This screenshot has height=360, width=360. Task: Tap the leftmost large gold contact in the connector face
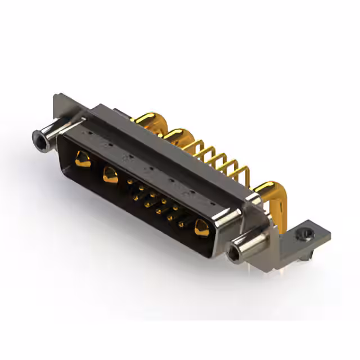click(83, 159)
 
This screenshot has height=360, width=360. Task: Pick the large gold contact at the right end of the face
click(200, 227)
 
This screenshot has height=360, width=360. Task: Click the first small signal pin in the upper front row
click(130, 182)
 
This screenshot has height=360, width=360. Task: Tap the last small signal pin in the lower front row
click(181, 224)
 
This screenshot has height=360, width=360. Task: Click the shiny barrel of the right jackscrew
click(247, 243)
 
